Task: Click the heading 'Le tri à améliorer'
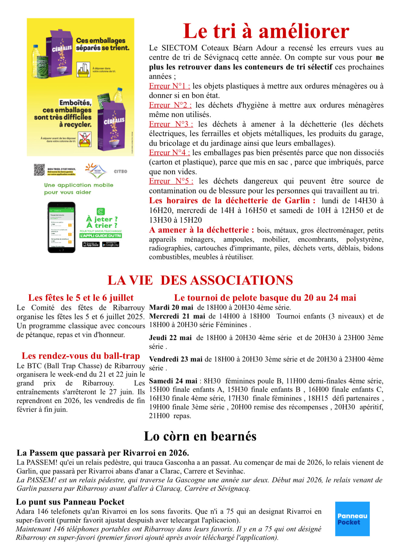click(266, 31)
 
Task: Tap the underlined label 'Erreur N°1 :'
click(169, 86)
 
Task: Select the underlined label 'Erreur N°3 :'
click(171, 124)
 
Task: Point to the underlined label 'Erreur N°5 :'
click(171, 181)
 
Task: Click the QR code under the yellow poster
click(39, 170)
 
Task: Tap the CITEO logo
click(120, 171)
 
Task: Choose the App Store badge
click(91, 245)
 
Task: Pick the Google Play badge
click(111, 245)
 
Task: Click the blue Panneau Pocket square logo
click(352, 519)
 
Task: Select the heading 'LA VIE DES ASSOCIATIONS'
click(200, 280)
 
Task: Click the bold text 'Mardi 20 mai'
click(171, 307)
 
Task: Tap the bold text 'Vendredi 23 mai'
click(176, 359)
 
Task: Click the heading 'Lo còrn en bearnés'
click(200, 436)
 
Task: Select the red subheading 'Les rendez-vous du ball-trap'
click(81, 356)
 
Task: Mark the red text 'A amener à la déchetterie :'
click(202, 230)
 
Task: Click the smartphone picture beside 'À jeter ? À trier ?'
click(62, 227)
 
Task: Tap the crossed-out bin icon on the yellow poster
click(85, 140)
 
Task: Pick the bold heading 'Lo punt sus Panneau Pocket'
click(70, 502)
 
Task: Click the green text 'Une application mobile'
click(78, 185)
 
